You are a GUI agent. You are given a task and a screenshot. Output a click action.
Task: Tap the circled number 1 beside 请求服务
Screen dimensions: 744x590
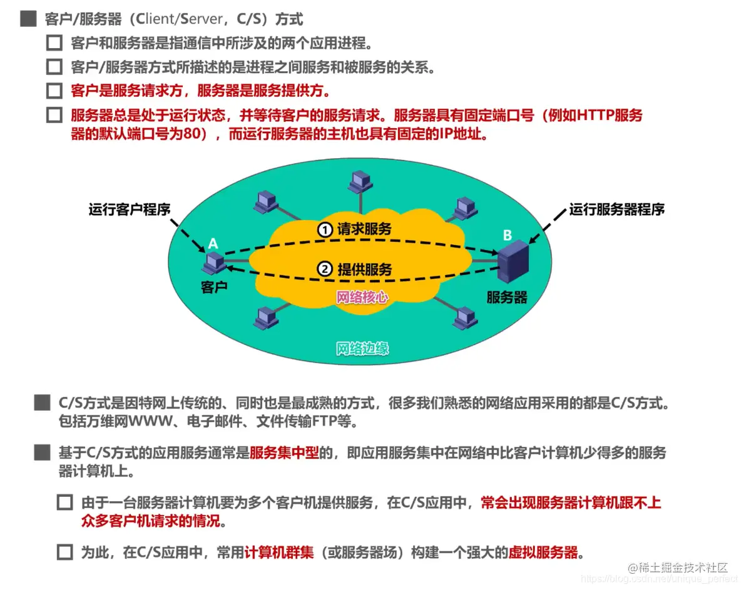tap(324, 230)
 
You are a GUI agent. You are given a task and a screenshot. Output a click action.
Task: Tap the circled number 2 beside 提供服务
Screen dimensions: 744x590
tap(325, 269)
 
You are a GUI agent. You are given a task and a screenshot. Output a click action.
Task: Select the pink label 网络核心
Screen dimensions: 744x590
tap(362, 297)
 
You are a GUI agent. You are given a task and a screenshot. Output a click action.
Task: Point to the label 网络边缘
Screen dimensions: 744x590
tap(362, 348)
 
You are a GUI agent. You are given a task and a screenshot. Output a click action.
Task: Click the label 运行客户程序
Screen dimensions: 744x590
tap(130, 209)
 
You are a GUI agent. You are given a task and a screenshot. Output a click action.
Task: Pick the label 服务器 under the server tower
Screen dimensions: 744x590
tap(507, 297)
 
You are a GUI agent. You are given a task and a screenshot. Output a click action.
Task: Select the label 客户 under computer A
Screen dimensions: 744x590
tap(213, 287)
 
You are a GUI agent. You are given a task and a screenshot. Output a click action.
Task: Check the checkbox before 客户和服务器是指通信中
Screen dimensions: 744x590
tap(54, 43)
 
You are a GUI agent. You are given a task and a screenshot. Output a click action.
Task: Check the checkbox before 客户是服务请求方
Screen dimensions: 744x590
tap(54, 91)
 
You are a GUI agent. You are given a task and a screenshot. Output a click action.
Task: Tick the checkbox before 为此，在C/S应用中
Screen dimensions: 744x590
tap(65, 552)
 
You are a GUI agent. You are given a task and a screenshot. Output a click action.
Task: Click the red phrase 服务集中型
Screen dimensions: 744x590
tap(284, 453)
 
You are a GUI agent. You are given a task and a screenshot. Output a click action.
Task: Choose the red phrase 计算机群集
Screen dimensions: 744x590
tap(279, 552)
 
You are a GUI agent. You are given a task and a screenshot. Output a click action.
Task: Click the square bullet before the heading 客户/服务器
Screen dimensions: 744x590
tap(28, 19)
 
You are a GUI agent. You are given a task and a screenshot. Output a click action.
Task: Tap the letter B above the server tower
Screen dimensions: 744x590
tap(507, 236)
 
